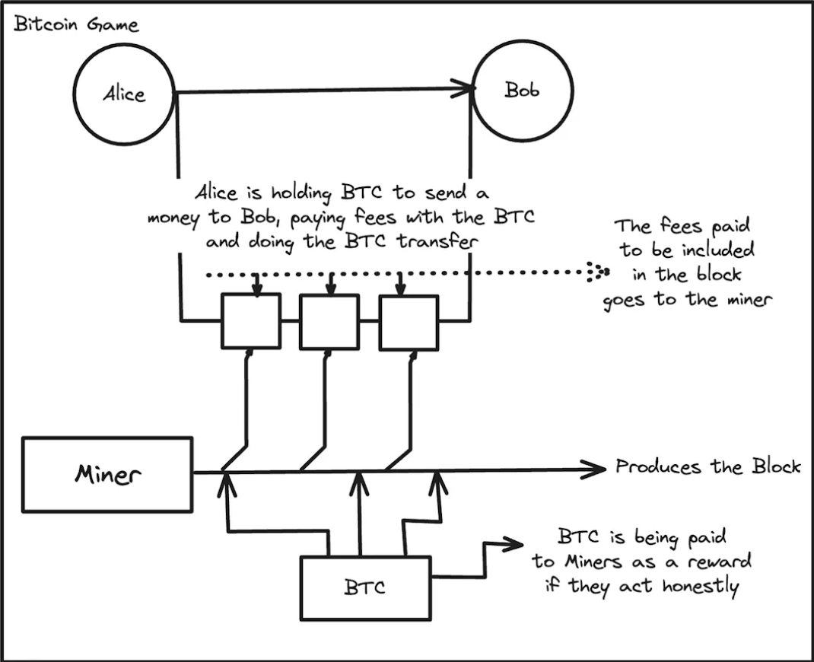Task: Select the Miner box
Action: [107, 474]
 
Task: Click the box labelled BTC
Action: [364, 587]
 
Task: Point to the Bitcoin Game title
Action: [77, 24]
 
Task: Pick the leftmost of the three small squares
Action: [251, 321]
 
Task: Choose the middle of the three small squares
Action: [329, 321]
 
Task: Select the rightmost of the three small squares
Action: [409, 321]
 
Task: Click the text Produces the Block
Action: [707, 466]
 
